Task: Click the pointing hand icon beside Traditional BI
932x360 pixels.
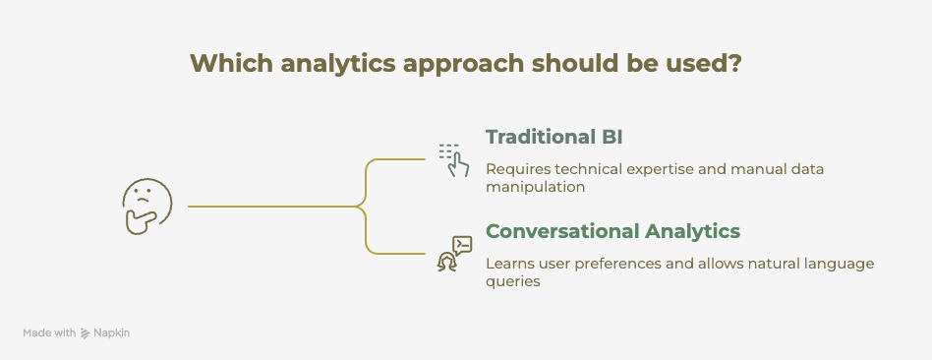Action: (453, 159)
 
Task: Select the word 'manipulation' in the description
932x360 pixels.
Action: (536, 186)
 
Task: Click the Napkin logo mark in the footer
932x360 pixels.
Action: (86, 333)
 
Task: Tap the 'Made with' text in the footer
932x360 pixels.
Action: (49, 333)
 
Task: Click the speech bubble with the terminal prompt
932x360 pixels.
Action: (462, 245)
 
